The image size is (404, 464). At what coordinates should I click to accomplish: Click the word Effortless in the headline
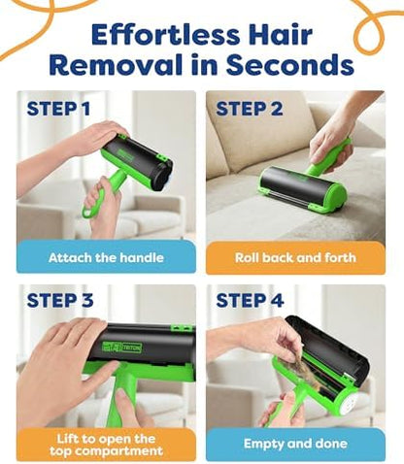(x=165, y=34)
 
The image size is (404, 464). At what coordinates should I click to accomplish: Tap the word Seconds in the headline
(x=289, y=64)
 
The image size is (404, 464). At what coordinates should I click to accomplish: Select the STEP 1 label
(x=58, y=109)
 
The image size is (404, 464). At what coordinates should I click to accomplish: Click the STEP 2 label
(x=250, y=109)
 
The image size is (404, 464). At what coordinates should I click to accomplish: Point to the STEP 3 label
(x=60, y=300)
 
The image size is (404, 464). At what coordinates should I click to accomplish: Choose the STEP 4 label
(x=250, y=300)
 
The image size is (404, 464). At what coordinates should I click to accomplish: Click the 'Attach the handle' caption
(x=106, y=258)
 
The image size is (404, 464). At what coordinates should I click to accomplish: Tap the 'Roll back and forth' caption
(x=295, y=257)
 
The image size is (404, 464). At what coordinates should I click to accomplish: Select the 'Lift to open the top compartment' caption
(x=106, y=445)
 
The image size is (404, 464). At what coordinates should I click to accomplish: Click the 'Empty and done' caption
(x=295, y=444)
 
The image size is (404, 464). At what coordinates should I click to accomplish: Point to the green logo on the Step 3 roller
(x=122, y=347)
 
